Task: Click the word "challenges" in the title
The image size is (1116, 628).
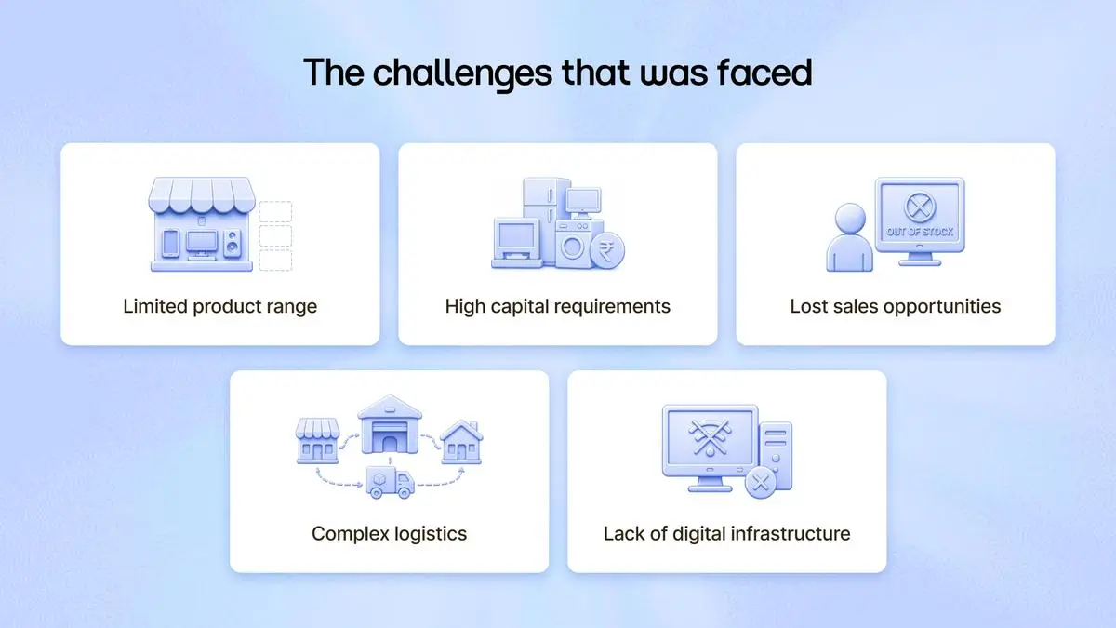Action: point(463,73)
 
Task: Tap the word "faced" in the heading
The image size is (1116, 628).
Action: point(764,72)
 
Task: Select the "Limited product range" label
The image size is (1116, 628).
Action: point(219,306)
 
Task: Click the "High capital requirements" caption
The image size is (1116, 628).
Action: point(557,306)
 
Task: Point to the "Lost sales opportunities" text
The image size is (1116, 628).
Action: point(896,306)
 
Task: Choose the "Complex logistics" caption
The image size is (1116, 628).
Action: point(389,534)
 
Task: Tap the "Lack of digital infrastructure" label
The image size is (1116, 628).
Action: point(727,534)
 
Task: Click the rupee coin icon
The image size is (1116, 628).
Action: point(606,250)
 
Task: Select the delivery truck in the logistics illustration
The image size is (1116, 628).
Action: point(391,483)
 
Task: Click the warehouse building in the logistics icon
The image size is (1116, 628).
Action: point(390,424)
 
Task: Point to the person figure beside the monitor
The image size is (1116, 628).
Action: point(849,237)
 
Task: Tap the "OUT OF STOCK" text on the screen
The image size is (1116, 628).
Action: point(920,232)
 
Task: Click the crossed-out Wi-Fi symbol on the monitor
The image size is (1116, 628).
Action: point(710,437)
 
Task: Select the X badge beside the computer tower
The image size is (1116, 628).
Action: point(761,483)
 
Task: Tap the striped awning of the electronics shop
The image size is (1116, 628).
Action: point(202,194)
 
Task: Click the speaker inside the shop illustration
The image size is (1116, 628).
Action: point(232,243)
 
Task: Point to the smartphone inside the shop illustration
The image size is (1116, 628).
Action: point(170,243)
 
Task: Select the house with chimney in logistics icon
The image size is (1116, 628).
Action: point(461,442)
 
